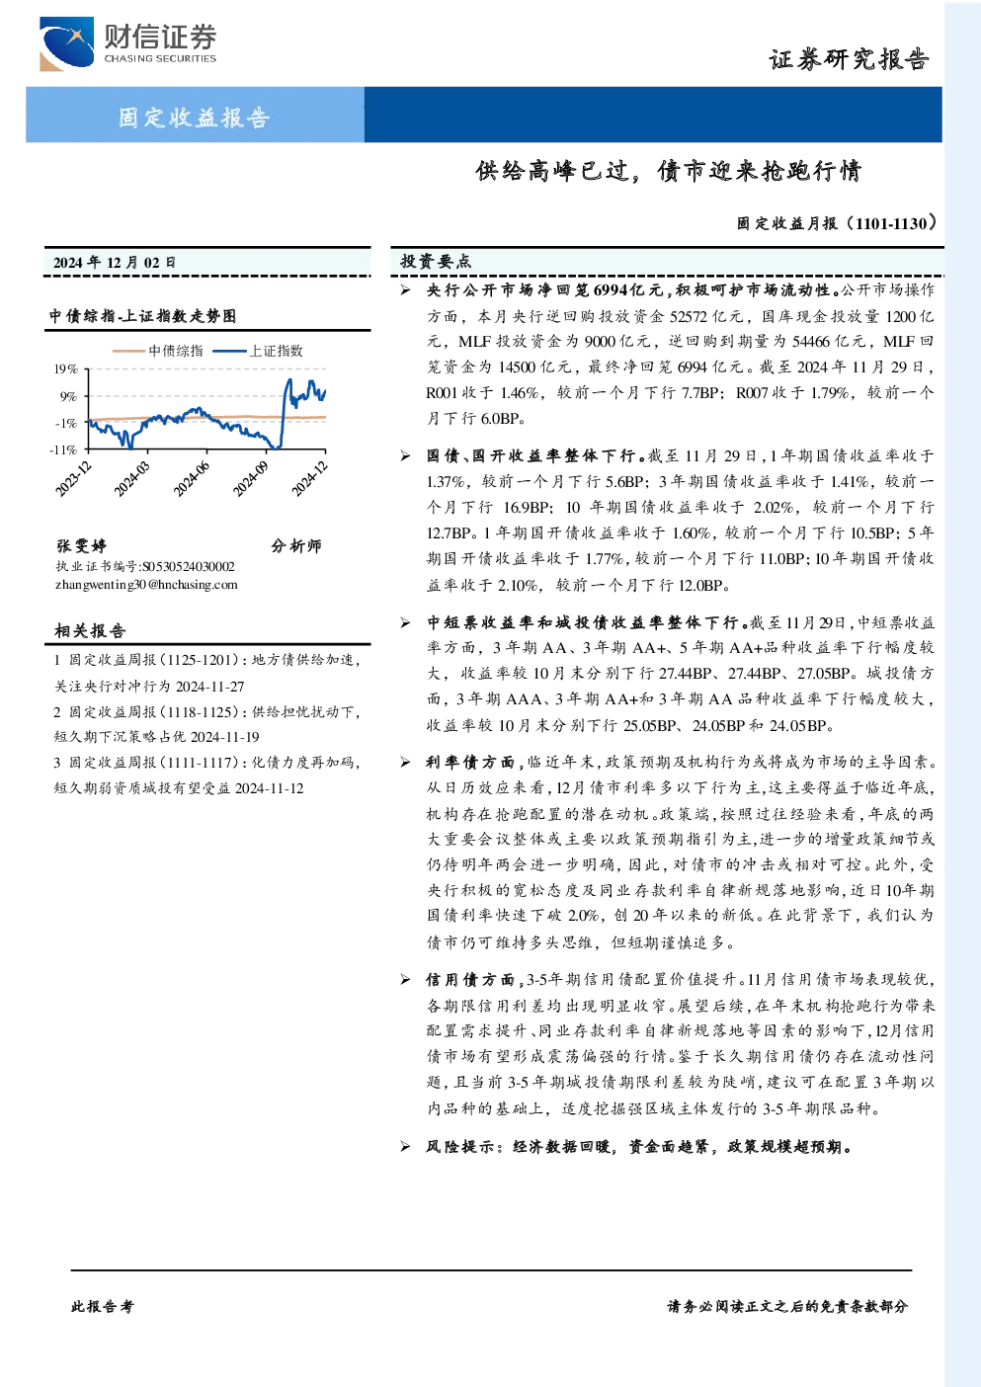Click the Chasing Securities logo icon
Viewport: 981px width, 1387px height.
pyautogui.click(x=66, y=43)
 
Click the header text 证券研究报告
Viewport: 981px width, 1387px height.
pyautogui.click(x=849, y=60)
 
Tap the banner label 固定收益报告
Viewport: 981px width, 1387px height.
pyautogui.click(x=194, y=118)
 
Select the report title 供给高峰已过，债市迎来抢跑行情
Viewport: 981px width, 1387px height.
pyautogui.click(x=668, y=171)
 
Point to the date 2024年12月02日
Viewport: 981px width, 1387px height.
pyautogui.click(x=114, y=263)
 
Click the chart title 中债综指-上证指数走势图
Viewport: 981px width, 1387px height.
pyautogui.click(x=142, y=316)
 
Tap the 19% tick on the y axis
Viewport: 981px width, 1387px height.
pyautogui.click(x=65, y=369)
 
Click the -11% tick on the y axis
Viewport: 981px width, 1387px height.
pyautogui.click(x=63, y=450)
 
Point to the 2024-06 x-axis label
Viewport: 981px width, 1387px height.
pyautogui.click(x=192, y=479)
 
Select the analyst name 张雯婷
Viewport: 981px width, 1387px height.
pyautogui.click(x=81, y=545)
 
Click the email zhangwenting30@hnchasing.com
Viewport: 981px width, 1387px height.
pyautogui.click(x=146, y=585)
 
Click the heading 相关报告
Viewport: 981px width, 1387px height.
pyautogui.click(x=90, y=631)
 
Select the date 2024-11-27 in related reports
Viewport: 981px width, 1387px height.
pyautogui.click(x=210, y=687)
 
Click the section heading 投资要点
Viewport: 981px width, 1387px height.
pyautogui.click(x=436, y=262)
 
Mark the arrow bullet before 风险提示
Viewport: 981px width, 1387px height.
pyautogui.click(x=405, y=1147)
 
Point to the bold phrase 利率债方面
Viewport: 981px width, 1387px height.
pyautogui.click(x=470, y=763)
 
